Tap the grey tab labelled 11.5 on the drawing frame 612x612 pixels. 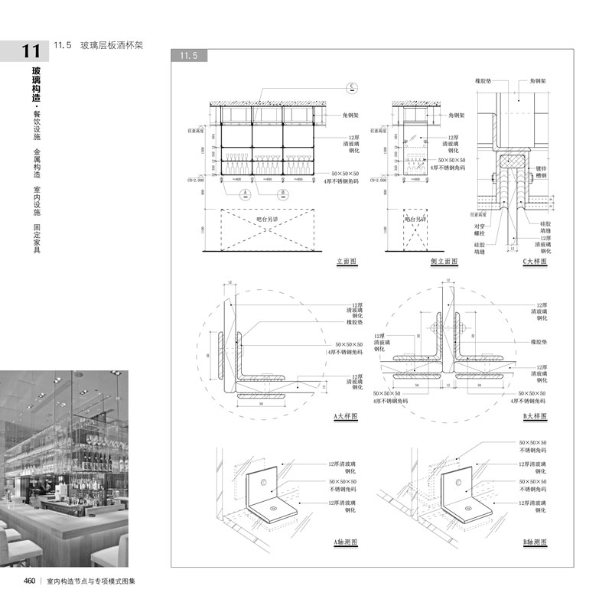pos(189,56)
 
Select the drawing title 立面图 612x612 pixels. pos(347,262)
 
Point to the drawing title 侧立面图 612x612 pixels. pos(444,262)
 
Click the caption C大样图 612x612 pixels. pos(536,262)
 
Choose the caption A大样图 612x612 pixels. pos(347,417)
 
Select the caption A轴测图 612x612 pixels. pos(347,542)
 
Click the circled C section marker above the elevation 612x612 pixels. pos(353,86)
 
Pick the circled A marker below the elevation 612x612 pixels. pos(245,191)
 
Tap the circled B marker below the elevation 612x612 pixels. pos(283,191)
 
